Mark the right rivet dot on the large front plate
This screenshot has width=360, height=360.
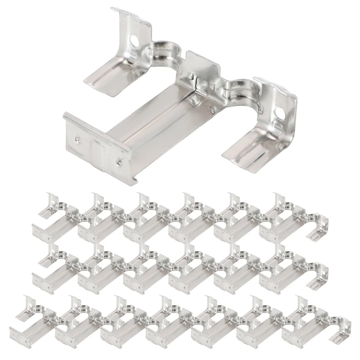[119, 158]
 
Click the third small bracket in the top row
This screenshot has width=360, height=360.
[148, 216]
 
